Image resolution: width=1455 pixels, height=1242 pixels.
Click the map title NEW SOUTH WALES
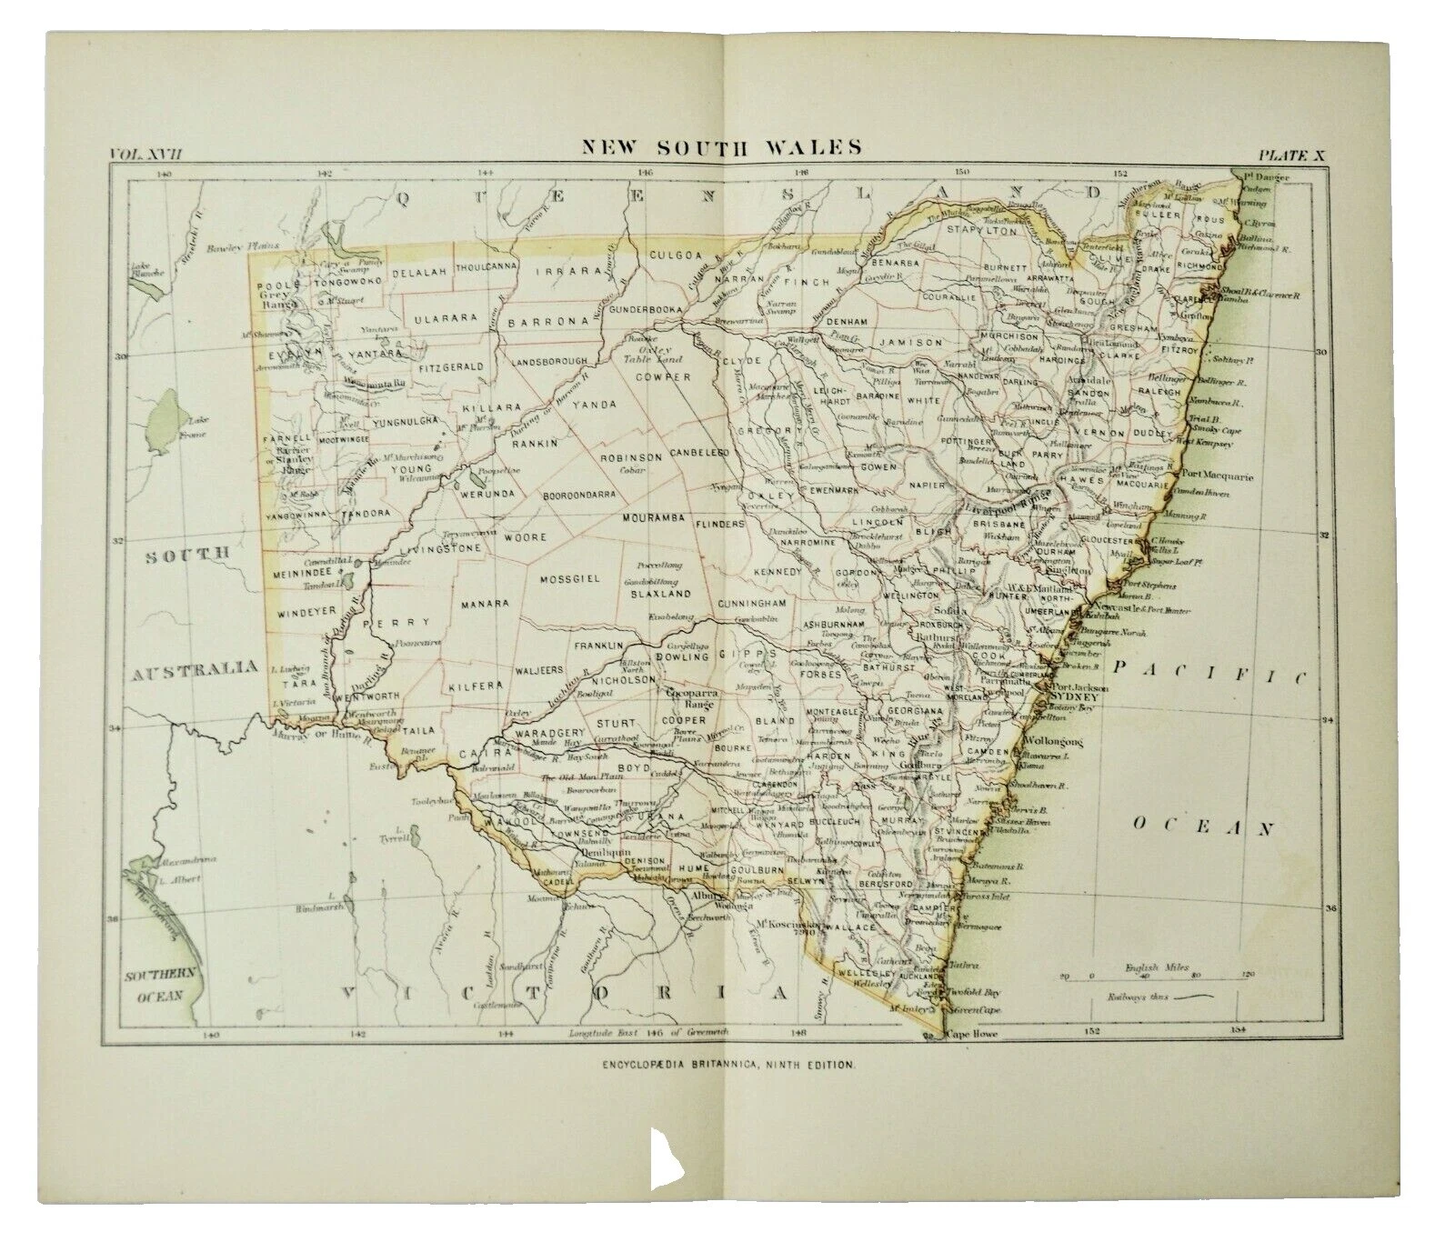pos(723,146)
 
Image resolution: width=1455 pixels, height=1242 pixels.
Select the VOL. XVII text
pos(145,154)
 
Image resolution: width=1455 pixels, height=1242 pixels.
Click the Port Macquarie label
pos(1217,476)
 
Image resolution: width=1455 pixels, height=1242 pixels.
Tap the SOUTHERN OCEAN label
pos(159,986)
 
